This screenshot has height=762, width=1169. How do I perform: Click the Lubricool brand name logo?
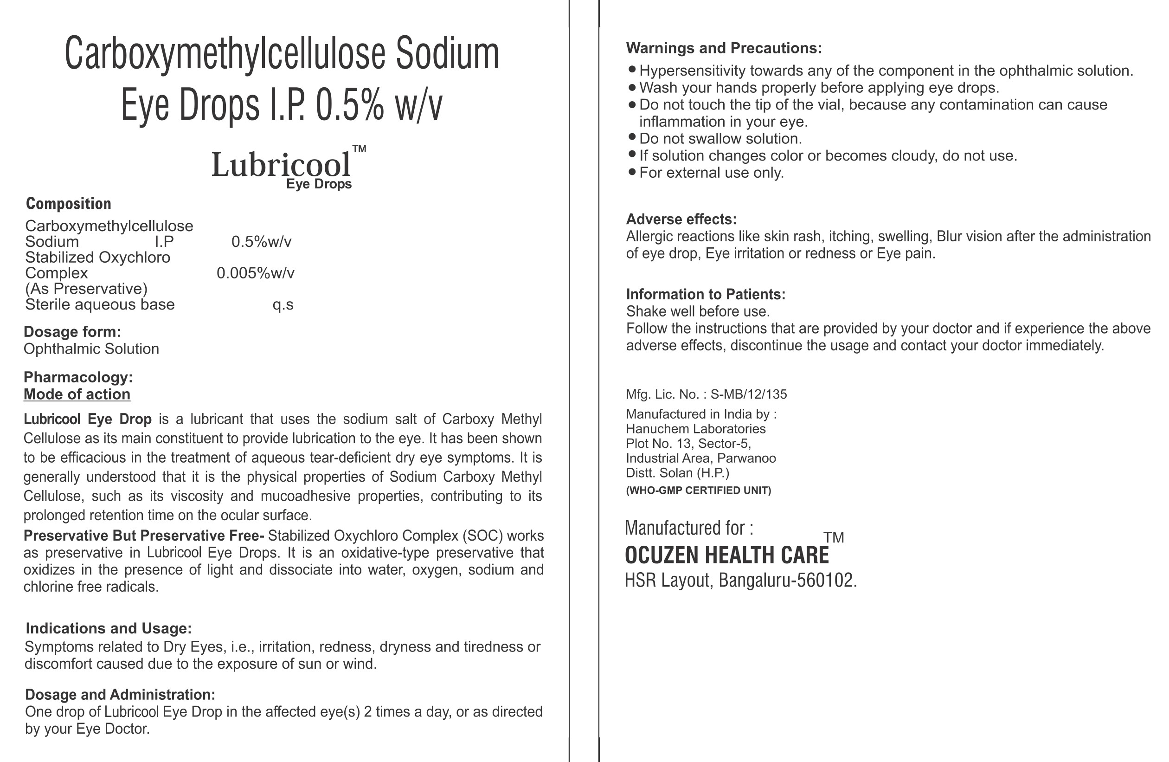point(282,165)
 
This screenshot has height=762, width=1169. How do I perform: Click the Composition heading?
point(68,203)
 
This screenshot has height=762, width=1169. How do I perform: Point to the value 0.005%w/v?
point(256,273)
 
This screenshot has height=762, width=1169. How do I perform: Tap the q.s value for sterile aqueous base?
point(283,304)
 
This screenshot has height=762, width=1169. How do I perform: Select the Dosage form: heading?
point(72,332)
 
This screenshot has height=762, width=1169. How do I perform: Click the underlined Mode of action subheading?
point(77,394)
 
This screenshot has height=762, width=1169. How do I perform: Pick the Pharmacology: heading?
point(78,377)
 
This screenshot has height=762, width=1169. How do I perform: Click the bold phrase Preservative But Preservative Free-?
point(144,536)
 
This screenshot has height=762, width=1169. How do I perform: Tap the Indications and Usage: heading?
point(109,628)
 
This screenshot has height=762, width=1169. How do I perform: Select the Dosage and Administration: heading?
point(120,695)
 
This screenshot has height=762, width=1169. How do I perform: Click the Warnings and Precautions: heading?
point(724,48)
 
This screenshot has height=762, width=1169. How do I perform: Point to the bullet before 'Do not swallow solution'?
point(632,136)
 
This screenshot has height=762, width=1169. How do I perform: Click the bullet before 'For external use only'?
point(632,171)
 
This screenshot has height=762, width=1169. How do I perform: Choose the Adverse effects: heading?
point(681,219)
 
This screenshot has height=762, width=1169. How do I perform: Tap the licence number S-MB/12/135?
point(749,394)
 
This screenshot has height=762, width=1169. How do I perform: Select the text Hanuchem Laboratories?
point(695,429)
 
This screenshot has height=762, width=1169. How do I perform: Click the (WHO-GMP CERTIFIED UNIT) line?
point(699,491)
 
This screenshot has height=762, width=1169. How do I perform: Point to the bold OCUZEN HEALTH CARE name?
point(726,555)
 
